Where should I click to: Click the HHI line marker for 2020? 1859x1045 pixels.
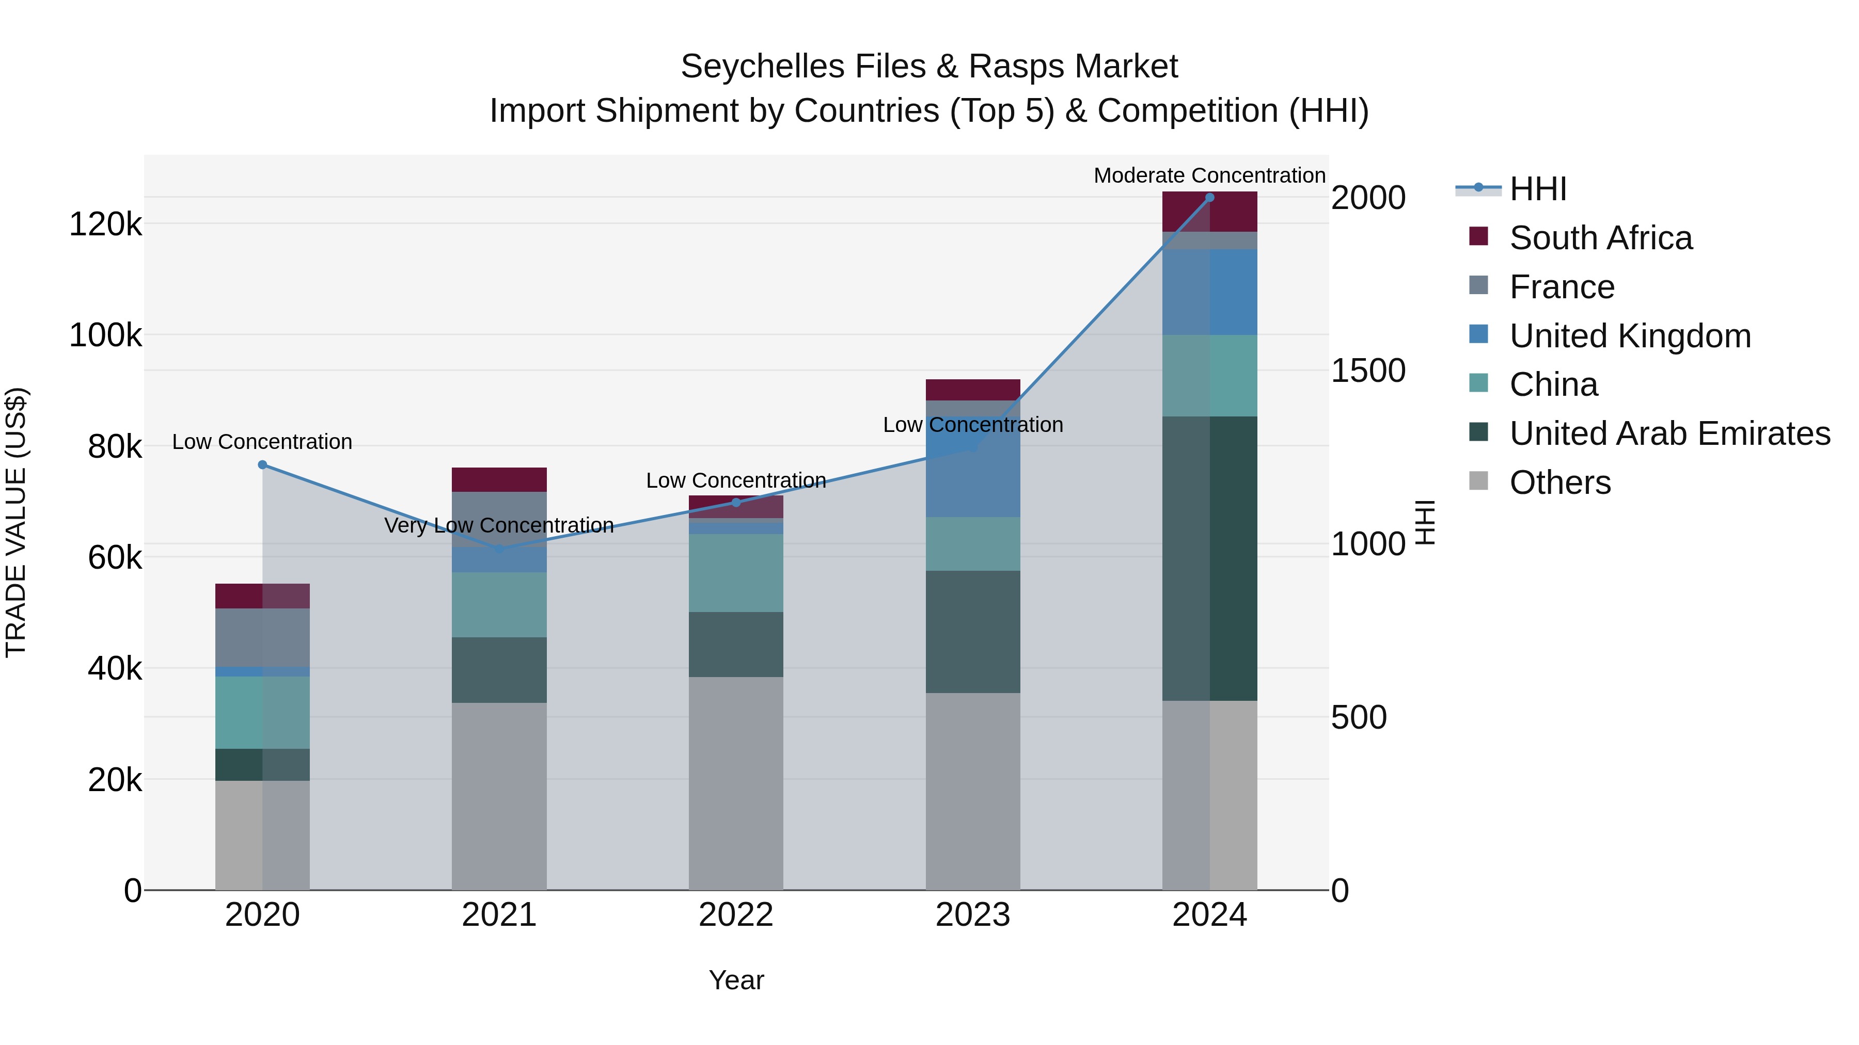pos(263,465)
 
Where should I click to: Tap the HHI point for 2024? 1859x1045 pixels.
pos(1209,198)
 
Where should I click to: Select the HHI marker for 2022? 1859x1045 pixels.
pos(736,503)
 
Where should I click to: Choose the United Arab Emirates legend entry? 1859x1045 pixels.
pos(1669,433)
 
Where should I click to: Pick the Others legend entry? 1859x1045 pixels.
pos(1559,483)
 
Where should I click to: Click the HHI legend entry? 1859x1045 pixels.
pos(1537,189)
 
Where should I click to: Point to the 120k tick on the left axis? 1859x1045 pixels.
pos(105,224)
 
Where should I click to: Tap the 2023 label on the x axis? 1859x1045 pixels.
pos(973,915)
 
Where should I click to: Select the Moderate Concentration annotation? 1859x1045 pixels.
pos(1209,175)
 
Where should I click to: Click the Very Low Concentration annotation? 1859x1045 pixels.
pos(499,525)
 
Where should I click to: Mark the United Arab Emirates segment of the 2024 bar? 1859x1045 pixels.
pos(1209,558)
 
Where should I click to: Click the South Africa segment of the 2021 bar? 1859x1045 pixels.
pos(499,479)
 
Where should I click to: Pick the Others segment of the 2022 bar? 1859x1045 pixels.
pos(736,782)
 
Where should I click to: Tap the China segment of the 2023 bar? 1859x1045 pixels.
pos(973,544)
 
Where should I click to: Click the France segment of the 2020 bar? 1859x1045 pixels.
pos(263,637)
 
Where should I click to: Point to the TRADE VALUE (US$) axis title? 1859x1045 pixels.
pos(17,522)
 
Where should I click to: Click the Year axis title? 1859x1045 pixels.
pos(736,980)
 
